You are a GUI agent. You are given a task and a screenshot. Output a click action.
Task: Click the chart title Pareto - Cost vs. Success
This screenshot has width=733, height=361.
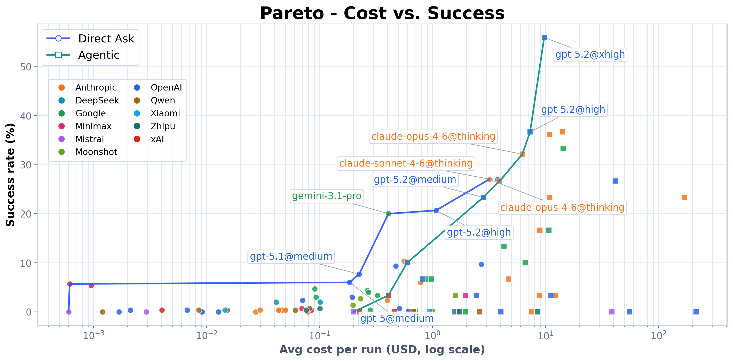tap(382, 13)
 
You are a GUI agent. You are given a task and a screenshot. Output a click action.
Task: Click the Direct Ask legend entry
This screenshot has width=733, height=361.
tap(106, 39)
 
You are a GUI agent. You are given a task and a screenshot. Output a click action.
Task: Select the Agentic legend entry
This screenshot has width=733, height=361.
tap(98, 55)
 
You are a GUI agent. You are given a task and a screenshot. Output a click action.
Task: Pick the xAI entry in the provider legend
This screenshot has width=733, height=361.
tap(157, 139)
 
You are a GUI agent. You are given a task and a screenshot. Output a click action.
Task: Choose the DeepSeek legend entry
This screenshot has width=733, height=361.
tap(97, 100)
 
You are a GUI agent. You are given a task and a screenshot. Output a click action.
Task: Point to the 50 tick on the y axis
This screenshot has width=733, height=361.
tap(26, 67)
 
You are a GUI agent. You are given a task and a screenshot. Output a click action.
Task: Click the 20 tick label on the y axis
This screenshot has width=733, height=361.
tap(26, 214)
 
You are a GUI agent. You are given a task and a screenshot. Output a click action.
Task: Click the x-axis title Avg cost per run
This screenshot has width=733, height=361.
tap(382, 349)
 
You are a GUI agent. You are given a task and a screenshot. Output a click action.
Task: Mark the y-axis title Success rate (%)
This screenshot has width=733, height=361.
tap(10, 175)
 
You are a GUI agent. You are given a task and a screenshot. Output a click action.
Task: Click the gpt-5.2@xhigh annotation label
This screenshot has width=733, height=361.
tap(590, 54)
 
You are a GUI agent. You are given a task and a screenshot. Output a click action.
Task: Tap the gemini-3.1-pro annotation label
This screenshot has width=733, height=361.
tap(326, 196)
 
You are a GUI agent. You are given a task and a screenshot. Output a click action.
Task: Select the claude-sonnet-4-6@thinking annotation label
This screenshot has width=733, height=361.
tap(406, 163)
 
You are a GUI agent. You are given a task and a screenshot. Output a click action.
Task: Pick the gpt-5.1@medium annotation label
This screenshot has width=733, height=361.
tap(291, 257)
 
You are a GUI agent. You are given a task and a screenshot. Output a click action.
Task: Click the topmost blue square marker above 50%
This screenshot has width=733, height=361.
tap(544, 37)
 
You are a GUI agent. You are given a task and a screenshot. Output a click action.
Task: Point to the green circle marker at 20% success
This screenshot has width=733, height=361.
tap(388, 214)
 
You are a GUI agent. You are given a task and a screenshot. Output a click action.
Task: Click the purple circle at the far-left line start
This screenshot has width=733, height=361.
tap(69, 312)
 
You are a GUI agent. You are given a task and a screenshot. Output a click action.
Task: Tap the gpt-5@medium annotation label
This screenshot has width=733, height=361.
tap(397, 318)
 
